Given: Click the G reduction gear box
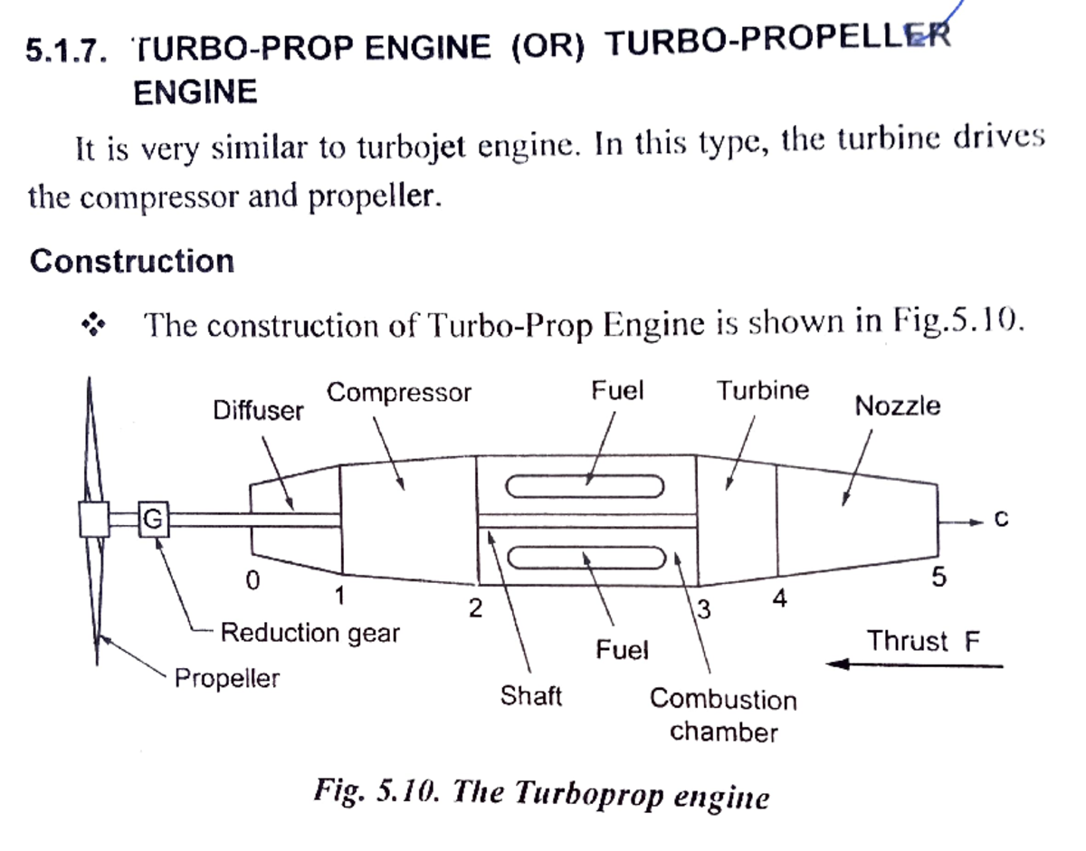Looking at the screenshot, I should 155,520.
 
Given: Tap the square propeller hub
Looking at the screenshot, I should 94,520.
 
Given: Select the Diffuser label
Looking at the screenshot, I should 259,411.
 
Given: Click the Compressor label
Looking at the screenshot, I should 399,393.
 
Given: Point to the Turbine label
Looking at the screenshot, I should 763,391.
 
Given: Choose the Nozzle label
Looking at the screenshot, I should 897,406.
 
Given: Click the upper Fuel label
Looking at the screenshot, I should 617,391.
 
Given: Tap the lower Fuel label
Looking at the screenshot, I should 622,649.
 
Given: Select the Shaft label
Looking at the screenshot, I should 530,696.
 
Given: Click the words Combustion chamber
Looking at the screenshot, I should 723,714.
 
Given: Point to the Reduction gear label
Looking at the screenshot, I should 310,633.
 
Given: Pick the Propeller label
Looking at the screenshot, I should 227,677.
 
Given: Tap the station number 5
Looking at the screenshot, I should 938,578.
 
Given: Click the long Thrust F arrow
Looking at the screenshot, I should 914,665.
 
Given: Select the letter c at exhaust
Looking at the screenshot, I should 1000,520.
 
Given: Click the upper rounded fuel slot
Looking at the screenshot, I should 586,487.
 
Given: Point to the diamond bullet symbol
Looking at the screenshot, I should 90,324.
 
